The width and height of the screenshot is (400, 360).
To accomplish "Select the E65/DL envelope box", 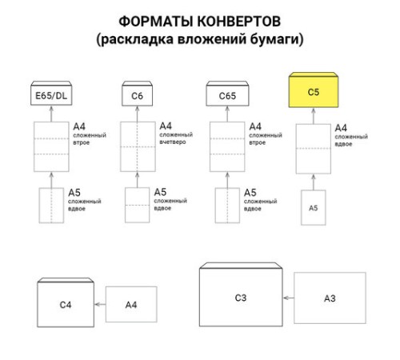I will point(52,96).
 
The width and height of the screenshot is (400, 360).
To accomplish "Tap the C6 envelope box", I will point(138,96).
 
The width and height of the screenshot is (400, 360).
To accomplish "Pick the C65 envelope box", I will point(226,96).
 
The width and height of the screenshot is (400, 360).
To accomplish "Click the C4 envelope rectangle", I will point(66,304).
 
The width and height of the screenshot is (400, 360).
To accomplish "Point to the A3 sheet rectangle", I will point(329,298).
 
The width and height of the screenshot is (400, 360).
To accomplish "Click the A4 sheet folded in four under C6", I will point(138,146).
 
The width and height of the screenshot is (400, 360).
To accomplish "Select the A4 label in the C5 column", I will point(340,127).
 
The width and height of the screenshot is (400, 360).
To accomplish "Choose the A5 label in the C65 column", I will point(250,193).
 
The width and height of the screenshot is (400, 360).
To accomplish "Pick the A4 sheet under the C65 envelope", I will point(226,146).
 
